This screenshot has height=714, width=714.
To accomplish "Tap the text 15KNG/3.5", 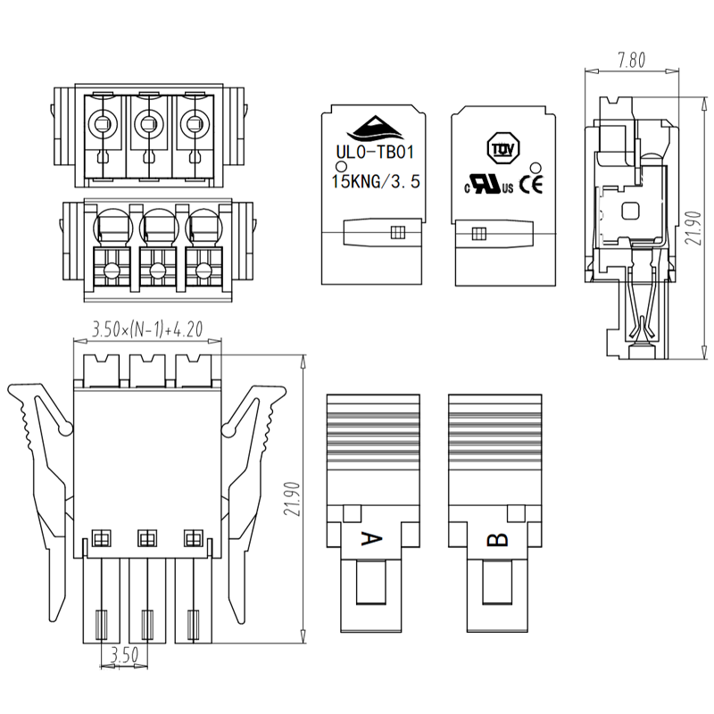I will pos(374,182).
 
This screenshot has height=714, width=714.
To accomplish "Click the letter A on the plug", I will pos(371,539).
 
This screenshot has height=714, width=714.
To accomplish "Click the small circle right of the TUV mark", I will pos(535,167).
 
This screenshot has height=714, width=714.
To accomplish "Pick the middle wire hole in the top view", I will pos(148,126).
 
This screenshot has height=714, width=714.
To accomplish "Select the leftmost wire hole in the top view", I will pos(102,126).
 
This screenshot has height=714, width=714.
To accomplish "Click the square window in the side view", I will pos(630,211).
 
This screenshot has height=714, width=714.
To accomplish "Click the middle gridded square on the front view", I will pos(145,538).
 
